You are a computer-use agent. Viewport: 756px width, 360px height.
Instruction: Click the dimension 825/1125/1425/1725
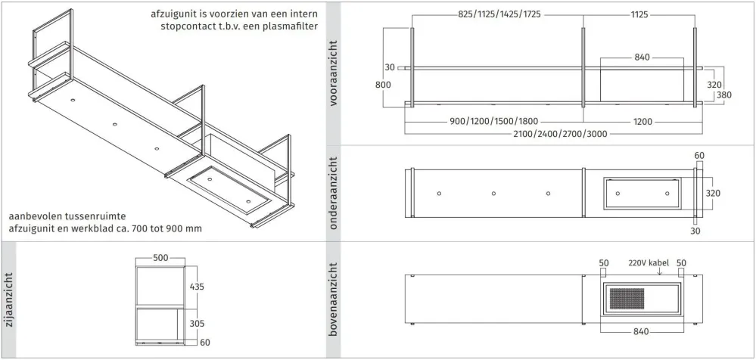click(x=499, y=14)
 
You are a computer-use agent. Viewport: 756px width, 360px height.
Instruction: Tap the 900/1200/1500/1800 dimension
click(x=493, y=122)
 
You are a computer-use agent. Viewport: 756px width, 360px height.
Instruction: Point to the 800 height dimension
click(x=384, y=85)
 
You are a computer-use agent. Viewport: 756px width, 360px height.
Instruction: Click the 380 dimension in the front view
click(x=724, y=95)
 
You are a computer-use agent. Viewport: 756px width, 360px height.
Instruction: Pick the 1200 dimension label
click(x=642, y=122)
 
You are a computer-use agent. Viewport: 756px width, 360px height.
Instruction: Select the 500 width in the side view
click(x=160, y=258)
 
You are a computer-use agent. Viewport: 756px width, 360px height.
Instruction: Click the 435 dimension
click(x=197, y=287)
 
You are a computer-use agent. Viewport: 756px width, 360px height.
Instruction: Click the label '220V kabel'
click(x=649, y=263)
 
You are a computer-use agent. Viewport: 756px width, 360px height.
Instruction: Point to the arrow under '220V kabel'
click(x=660, y=272)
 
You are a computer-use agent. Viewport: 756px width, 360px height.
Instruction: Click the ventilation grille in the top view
click(x=627, y=299)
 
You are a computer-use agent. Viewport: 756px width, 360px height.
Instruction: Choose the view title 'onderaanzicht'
click(x=333, y=194)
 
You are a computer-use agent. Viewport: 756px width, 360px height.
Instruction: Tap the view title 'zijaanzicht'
click(x=8, y=299)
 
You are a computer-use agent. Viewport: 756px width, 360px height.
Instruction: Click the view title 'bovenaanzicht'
click(x=333, y=299)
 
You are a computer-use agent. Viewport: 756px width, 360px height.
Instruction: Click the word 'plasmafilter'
click(x=291, y=26)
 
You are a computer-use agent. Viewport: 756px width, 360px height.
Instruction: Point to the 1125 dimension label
click(x=639, y=14)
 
